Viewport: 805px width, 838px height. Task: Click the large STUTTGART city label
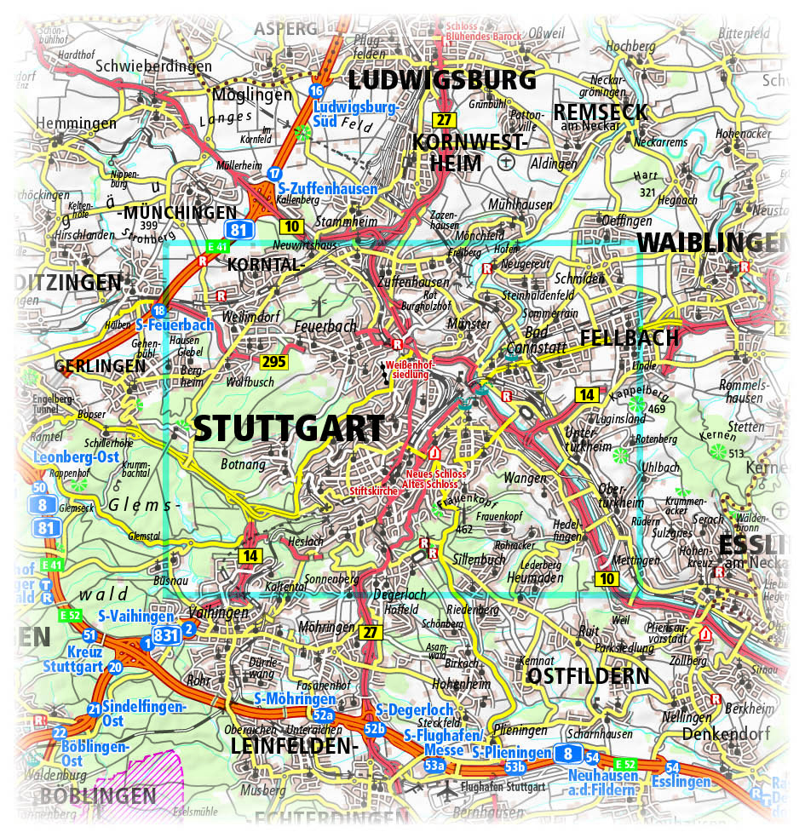[x=289, y=428]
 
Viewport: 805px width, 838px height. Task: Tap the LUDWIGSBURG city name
[x=442, y=81]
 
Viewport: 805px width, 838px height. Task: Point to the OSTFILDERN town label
[x=588, y=676]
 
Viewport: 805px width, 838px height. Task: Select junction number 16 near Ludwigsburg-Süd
[x=317, y=91]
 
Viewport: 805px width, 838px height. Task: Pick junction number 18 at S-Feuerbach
[x=158, y=311]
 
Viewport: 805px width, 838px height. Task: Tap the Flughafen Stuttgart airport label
[x=502, y=787]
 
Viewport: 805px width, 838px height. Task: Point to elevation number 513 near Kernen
[x=738, y=454]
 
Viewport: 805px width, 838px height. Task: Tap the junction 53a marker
[x=434, y=766]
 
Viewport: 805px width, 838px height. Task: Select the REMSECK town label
[x=600, y=112]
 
